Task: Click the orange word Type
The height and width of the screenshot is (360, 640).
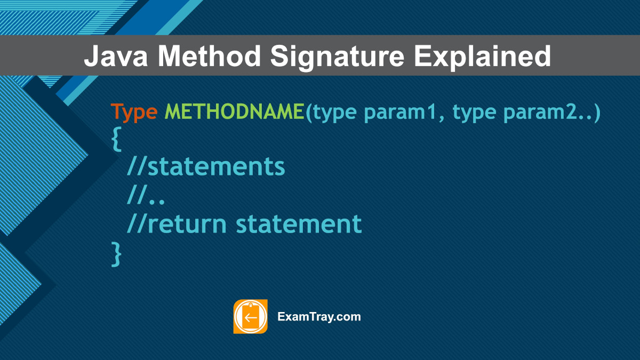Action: coord(134,113)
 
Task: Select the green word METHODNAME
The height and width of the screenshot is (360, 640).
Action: coord(234,113)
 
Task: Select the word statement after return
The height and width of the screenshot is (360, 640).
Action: coord(299,224)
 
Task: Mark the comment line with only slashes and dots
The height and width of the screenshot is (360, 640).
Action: coord(146,196)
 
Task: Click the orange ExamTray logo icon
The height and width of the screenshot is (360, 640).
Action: coord(250,317)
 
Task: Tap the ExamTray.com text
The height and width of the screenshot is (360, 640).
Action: coord(319,317)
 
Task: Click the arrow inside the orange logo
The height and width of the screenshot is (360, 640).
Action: coord(250,318)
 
